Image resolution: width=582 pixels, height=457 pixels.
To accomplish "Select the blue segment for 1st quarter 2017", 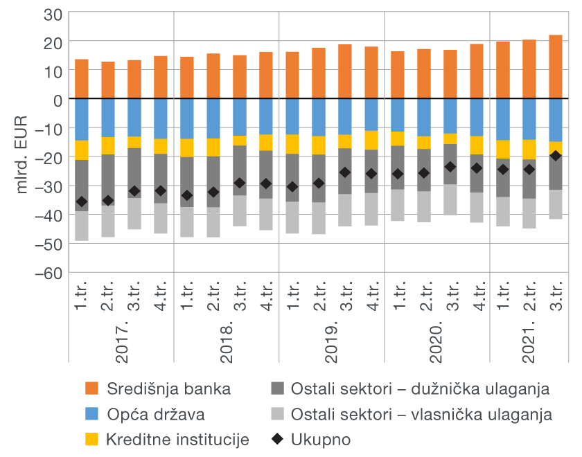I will tap(82, 119).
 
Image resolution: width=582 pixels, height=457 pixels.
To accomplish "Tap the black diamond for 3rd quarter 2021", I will tap(555, 156).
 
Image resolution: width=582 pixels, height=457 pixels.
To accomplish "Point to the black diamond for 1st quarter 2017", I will tap(82, 201).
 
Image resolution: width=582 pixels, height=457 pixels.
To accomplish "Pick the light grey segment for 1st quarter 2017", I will tap(82, 226).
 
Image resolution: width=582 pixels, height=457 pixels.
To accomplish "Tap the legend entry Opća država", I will tap(156, 414).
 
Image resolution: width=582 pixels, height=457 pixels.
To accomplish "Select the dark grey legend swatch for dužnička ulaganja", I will tap(277, 388).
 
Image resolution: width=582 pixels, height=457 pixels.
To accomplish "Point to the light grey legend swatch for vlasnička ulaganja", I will tap(277, 414).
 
